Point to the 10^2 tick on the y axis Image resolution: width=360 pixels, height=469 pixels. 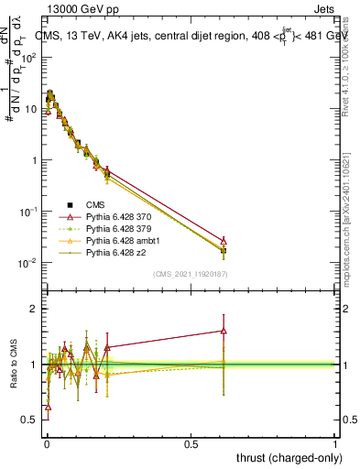pos(29,57)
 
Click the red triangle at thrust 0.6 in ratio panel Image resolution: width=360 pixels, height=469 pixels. pos(224,331)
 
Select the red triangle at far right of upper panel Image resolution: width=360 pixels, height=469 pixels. pos(224,240)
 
